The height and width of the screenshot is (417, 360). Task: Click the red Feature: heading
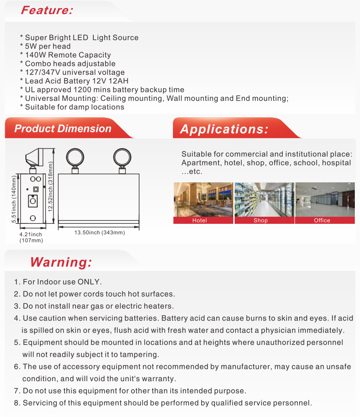(47, 10)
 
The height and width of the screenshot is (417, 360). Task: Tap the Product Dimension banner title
(63, 129)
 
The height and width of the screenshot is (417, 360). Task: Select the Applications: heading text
(224, 129)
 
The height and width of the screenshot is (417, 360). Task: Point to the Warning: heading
(61, 262)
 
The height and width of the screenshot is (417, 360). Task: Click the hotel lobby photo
(203, 199)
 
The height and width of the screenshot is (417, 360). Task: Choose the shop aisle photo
(264, 199)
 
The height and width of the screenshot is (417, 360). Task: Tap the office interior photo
(325, 199)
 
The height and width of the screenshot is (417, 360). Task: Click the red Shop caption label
(261, 220)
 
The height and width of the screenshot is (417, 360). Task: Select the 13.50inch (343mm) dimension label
(99, 232)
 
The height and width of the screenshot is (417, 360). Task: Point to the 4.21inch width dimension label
(31, 234)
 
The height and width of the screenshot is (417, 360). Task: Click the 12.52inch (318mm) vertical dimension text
(50, 180)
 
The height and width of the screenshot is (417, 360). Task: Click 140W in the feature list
(34, 55)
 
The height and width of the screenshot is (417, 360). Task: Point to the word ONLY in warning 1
(89, 282)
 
